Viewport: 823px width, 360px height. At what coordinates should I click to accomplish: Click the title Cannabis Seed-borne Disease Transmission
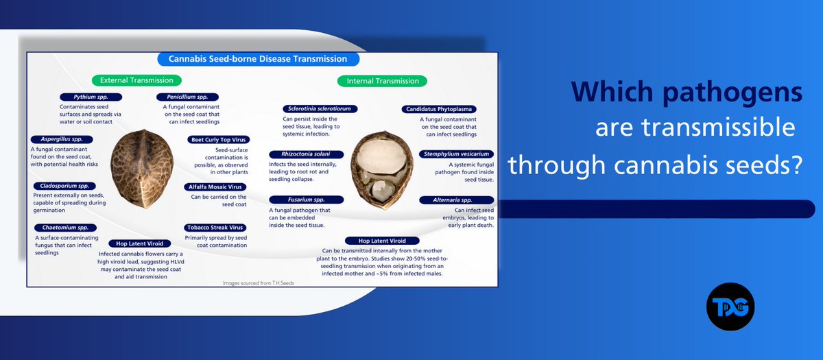258,59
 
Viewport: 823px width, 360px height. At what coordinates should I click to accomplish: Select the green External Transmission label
136,80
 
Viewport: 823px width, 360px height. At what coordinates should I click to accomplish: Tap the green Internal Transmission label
382,81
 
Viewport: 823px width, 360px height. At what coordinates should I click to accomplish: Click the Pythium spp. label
91,97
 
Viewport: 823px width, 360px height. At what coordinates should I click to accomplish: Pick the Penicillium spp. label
187,97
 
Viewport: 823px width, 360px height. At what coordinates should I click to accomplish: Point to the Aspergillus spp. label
62,139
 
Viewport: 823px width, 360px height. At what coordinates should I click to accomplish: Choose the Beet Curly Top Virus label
219,140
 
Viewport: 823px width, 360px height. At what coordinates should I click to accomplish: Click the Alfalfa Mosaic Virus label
215,187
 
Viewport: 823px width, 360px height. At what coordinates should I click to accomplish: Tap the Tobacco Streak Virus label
215,228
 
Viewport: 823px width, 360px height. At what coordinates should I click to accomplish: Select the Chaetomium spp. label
65,228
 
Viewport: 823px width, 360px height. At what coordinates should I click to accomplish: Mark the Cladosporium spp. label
64,186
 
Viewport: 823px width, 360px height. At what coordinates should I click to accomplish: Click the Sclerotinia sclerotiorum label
320,109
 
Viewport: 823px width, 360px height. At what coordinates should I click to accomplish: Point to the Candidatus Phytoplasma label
439,109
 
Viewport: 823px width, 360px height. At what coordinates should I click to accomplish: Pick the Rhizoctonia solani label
306,154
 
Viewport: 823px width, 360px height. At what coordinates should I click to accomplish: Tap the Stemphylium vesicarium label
456,154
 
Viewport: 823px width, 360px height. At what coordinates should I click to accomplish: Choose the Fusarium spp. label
306,200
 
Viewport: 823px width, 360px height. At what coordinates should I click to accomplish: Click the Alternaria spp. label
456,200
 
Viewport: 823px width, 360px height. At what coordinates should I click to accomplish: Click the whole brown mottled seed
142,169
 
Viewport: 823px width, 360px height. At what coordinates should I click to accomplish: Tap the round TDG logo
730,307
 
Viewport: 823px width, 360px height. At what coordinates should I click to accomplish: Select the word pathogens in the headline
732,92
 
